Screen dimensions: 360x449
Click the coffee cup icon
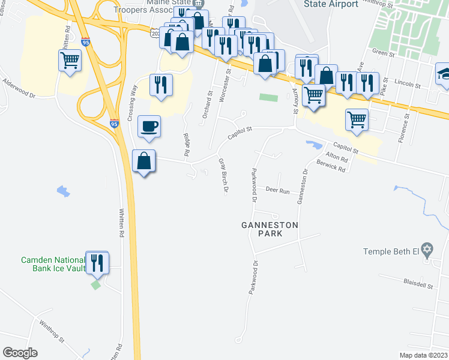[x=149, y=127]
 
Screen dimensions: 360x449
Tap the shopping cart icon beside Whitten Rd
[x=70, y=60]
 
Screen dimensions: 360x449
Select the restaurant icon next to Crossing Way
[x=161, y=85]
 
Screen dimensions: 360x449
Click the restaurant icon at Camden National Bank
[x=97, y=262]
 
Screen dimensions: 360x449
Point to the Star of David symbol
[x=427, y=249]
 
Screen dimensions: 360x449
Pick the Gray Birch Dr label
[x=224, y=176]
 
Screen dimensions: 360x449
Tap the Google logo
[x=20, y=353]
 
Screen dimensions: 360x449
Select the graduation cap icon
[x=445, y=74]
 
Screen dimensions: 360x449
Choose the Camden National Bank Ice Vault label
[x=52, y=263]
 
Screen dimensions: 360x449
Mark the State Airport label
[x=331, y=4]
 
